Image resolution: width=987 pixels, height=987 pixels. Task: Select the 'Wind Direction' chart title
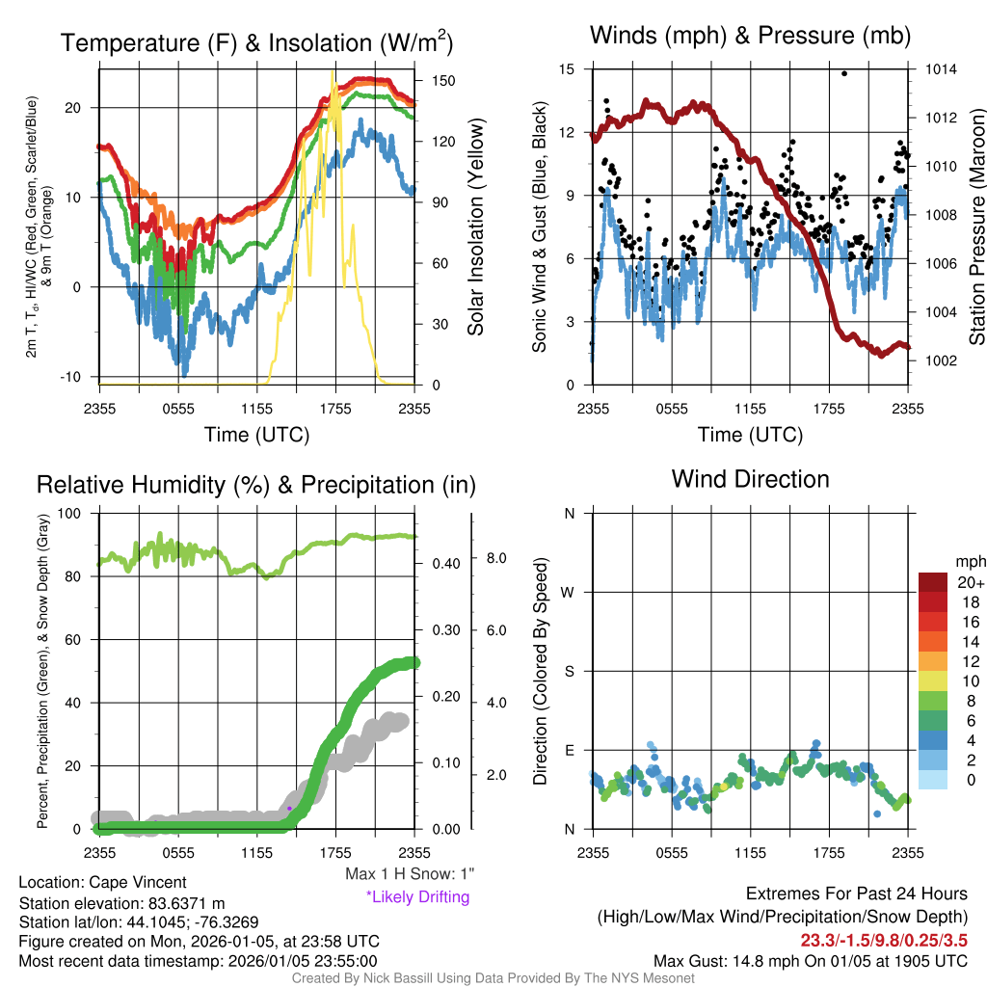tap(750, 479)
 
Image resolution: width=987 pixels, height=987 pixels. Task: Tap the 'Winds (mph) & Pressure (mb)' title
tap(750, 36)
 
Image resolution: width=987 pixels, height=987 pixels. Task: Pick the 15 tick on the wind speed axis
tap(567, 69)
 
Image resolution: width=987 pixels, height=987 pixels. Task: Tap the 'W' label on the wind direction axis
tap(570, 592)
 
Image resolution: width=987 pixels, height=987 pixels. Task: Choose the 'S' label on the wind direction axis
tap(570, 671)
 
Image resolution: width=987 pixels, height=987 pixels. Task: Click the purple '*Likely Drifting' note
tap(417, 897)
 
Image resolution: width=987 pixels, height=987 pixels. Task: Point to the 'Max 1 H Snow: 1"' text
tap(411, 874)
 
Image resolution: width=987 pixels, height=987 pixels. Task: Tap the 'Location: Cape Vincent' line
tap(102, 882)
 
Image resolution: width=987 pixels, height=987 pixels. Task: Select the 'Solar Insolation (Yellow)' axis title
tap(475, 227)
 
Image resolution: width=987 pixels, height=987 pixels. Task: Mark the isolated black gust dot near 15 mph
tap(844, 73)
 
